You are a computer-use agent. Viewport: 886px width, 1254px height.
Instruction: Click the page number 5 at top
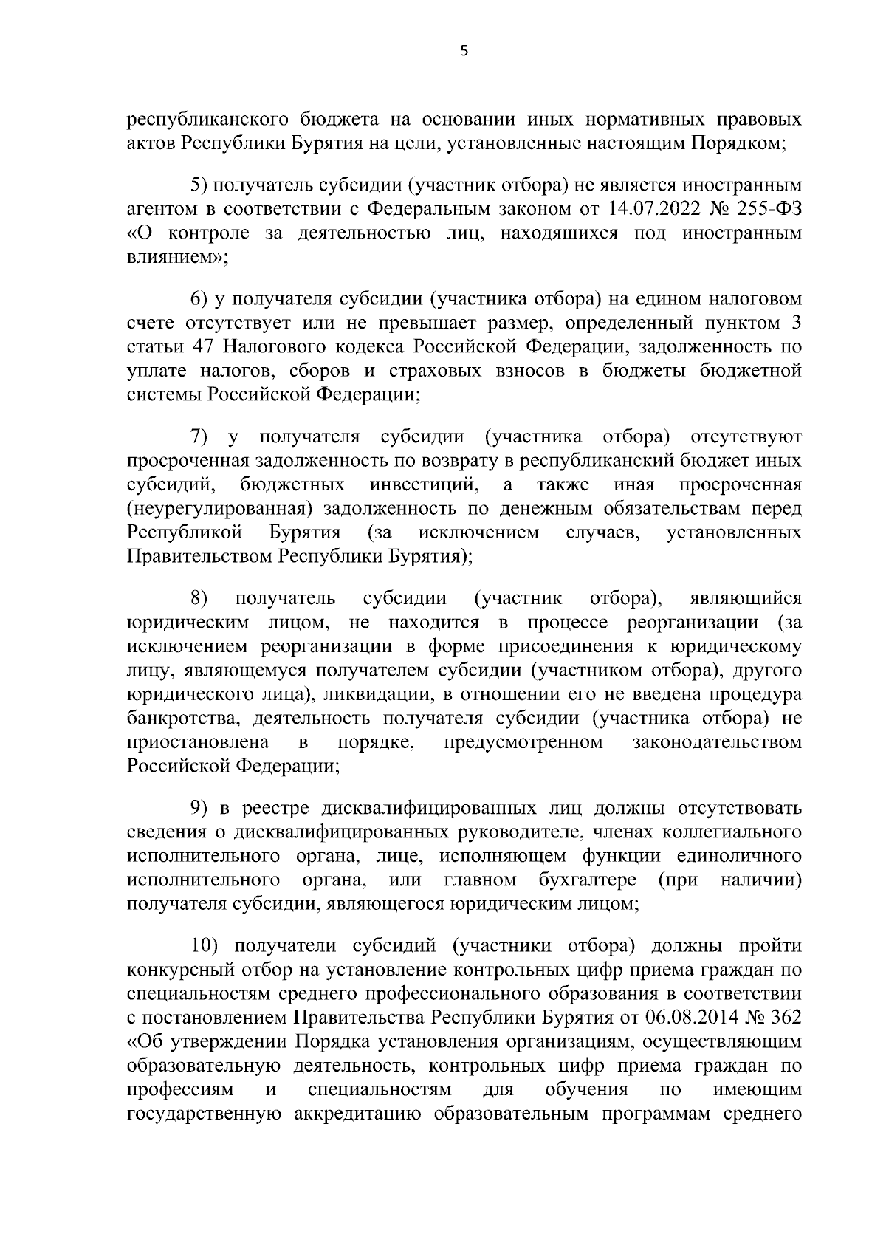tap(464, 51)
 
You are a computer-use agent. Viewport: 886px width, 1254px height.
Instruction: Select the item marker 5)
tap(199, 185)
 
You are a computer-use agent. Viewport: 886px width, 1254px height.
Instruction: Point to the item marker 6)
tap(199, 299)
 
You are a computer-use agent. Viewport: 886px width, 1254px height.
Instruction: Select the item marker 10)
tap(205, 946)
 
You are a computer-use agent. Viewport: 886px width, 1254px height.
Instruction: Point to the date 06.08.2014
tap(691, 1018)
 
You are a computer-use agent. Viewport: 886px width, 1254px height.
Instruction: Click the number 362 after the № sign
tap(786, 1018)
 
